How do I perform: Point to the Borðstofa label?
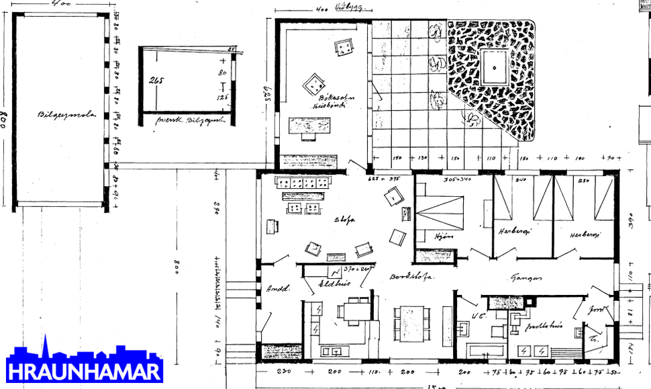[411, 276]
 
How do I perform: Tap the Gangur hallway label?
[526, 275]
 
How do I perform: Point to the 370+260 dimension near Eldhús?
[356, 269]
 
